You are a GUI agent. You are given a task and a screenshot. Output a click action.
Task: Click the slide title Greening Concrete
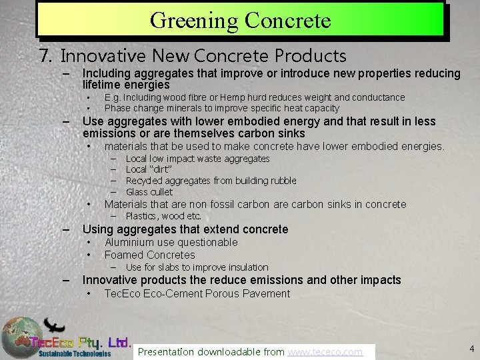[240, 20]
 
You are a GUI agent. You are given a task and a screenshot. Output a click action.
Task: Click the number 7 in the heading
[45, 55]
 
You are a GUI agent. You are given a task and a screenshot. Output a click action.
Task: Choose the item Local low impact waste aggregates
[197, 159]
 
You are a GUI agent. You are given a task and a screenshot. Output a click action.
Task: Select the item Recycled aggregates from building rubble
[211, 181]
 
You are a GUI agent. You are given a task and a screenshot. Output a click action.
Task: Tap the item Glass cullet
[149, 192]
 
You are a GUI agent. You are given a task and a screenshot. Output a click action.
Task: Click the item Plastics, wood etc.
[163, 216]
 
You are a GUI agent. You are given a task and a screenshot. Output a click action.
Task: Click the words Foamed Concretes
[150, 255]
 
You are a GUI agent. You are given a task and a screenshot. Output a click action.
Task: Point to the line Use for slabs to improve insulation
[197, 267]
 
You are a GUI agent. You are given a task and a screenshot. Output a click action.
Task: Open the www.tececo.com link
[325, 351]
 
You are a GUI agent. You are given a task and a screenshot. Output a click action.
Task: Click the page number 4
[471, 348]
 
